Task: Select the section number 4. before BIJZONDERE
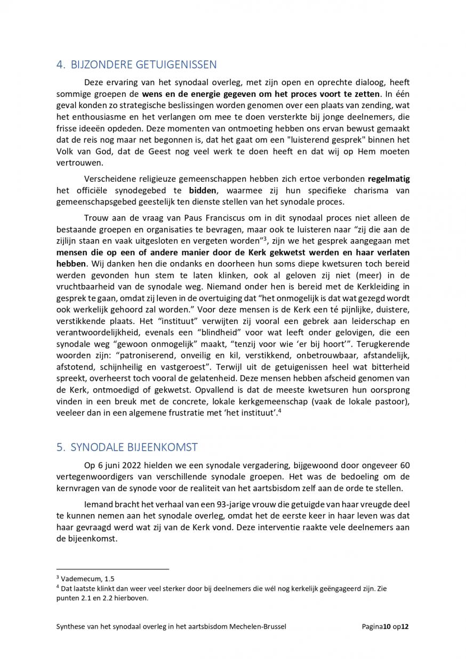(61, 65)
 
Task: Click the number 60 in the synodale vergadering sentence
(404, 465)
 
